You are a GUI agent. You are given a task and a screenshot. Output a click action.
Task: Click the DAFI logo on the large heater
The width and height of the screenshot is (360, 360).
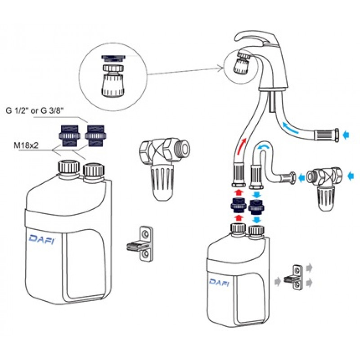pyautogui.click(x=42, y=239)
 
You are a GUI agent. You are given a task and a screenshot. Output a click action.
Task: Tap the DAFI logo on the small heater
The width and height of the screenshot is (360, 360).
pyautogui.click(x=219, y=282)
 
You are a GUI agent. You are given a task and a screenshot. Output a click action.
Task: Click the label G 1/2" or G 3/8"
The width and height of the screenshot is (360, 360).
pyautogui.click(x=35, y=111)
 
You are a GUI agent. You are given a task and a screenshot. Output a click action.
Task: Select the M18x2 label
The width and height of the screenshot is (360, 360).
pyautogui.click(x=26, y=145)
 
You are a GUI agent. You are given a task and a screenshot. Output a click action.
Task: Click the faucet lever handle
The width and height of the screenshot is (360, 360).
pyautogui.click(x=255, y=38)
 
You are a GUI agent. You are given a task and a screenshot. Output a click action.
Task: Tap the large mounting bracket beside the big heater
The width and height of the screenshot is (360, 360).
pyautogui.click(x=140, y=244)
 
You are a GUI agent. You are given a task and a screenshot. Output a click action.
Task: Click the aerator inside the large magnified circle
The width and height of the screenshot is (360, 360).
pyautogui.click(x=113, y=76)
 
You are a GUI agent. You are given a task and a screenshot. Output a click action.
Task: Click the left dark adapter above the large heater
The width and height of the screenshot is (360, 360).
pyautogui.click(x=69, y=136)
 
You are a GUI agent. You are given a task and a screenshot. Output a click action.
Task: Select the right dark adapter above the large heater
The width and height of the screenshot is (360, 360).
pyautogui.click(x=95, y=136)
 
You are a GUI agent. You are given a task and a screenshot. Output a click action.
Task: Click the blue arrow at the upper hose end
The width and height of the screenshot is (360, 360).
pyautogui.click(x=346, y=135)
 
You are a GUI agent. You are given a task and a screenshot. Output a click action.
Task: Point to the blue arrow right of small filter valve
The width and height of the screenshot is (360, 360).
pyautogui.click(x=351, y=176)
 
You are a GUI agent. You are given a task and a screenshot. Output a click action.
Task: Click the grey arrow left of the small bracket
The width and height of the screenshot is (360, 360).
pyautogui.click(x=278, y=281)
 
